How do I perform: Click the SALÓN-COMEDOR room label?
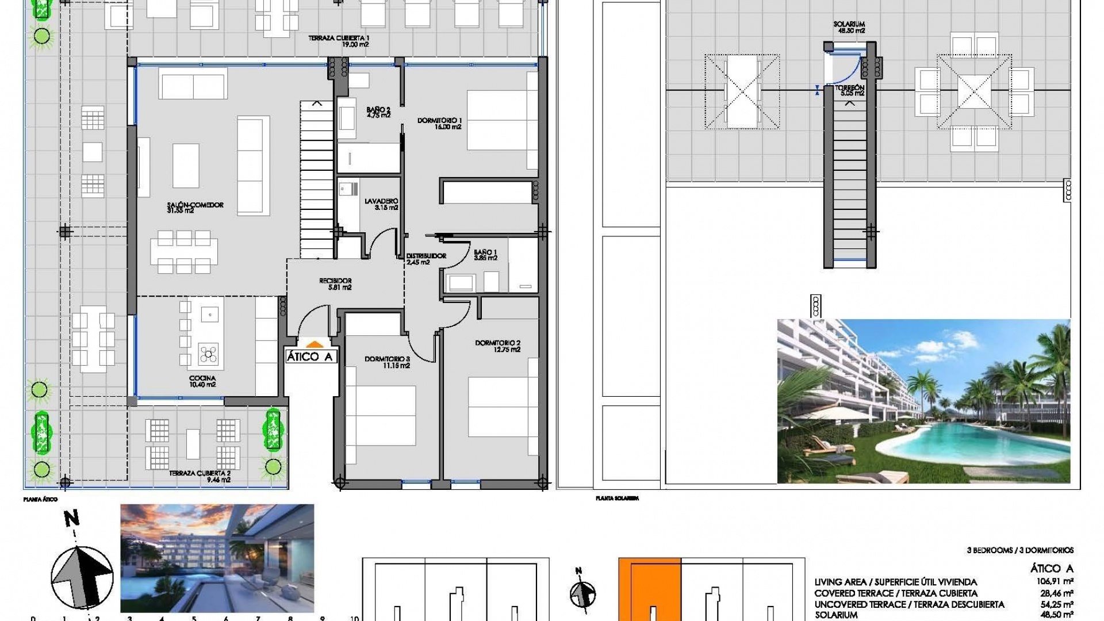coord(195,208)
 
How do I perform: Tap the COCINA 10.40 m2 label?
coord(202,381)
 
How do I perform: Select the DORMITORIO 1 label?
coord(439,124)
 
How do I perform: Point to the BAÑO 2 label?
coord(378,112)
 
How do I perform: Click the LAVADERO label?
coord(381,204)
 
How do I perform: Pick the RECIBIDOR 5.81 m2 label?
coord(336,284)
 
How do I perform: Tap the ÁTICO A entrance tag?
coord(310,357)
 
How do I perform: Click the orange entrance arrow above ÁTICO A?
coord(315,344)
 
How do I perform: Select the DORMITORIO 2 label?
coord(498,346)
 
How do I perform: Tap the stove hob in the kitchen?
coord(208,354)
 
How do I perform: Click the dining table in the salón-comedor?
coord(184,252)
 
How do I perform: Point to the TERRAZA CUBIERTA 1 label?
coord(339,41)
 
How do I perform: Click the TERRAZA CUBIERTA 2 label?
coord(200,476)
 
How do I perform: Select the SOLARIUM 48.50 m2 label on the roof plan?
coord(849,27)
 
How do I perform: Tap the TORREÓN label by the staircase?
coord(850,90)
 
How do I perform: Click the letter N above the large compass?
coord(72,519)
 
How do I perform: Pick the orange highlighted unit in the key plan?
coord(650,586)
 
